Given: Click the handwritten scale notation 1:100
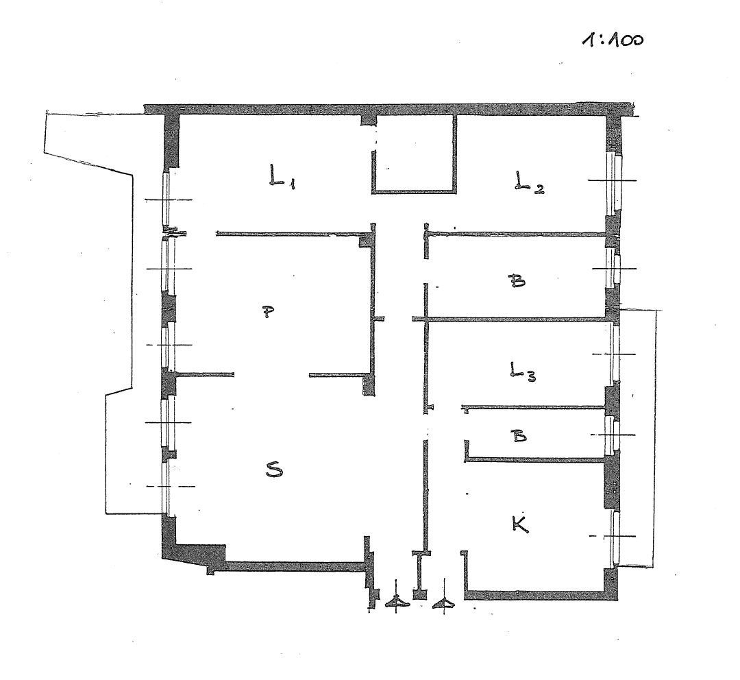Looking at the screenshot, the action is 613,40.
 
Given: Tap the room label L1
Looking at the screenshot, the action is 282,176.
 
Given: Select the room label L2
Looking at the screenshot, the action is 529,182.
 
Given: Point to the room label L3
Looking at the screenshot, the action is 522,371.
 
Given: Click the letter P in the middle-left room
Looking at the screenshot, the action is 268,312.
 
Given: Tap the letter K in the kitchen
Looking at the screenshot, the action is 520,524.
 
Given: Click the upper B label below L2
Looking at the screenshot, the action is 517,282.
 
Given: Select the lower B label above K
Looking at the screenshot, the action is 519,435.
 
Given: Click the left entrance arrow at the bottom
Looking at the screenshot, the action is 397,600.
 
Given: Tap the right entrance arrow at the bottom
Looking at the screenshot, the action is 443,602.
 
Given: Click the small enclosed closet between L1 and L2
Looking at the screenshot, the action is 415,154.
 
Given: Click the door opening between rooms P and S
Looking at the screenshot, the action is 271,376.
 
